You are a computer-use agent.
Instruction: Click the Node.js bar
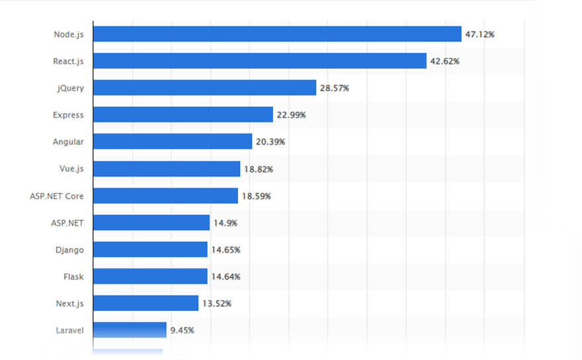point(277,34)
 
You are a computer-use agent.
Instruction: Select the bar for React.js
point(259,61)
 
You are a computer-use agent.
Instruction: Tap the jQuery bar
point(204,88)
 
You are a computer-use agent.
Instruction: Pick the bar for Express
point(183,115)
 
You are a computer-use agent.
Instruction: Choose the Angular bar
point(173,142)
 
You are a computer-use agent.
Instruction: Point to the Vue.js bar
point(167,169)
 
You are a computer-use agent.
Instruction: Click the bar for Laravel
point(130,330)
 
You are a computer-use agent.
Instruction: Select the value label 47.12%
point(479,34)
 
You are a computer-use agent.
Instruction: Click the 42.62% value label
point(444,61)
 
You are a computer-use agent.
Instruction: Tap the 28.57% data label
point(335,88)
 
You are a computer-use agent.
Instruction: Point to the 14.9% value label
point(226,223)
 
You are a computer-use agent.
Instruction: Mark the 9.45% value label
point(182,330)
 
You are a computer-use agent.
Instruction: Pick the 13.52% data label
point(217,303)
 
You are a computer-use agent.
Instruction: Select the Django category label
point(69,249)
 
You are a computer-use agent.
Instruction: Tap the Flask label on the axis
point(73,277)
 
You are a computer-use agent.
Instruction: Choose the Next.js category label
point(70,303)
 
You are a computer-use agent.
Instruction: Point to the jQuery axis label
point(71,88)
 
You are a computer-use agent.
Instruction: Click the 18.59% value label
point(257,196)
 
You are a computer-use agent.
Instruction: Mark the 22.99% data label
point(291,115)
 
